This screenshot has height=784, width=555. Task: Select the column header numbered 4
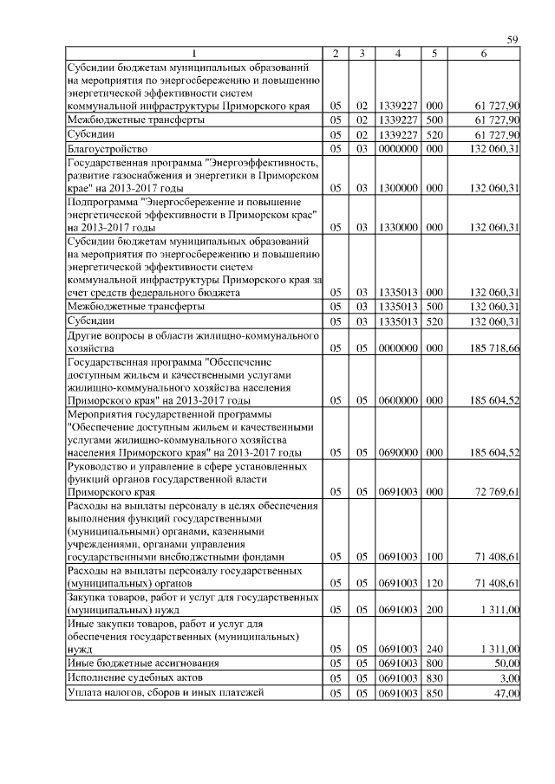397,54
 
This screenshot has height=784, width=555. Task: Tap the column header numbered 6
483,54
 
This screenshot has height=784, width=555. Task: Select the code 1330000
397,227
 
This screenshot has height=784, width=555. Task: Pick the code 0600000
397,400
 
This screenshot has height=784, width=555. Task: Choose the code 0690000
397,452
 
